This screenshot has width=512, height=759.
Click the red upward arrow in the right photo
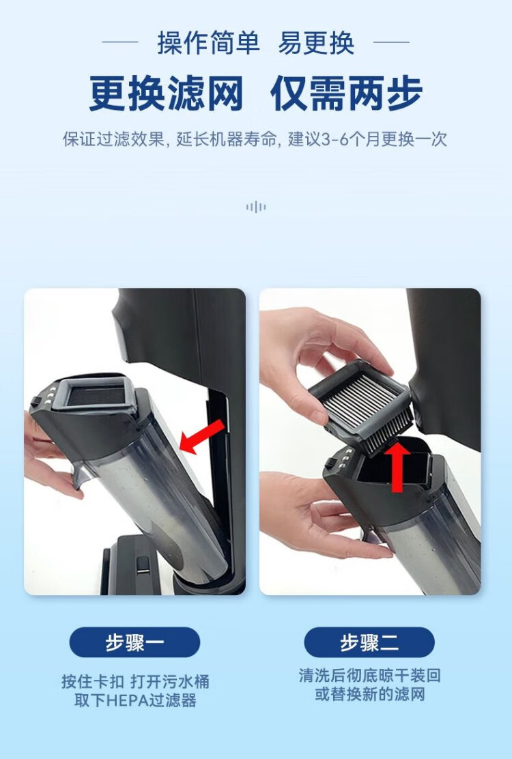click(397, 466)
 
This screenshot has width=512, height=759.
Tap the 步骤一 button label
click(134, 642)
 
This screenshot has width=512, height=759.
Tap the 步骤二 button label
click(369, 642)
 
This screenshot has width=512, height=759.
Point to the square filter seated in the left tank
click(96, 393)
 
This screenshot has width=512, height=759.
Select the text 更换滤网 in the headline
click(166, 94)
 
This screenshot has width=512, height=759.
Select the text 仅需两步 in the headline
click(347, 94)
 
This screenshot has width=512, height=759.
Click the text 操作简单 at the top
click(208, 42)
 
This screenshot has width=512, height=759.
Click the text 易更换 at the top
click(316, 42)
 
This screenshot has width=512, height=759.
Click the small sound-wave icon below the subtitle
click(255, 207)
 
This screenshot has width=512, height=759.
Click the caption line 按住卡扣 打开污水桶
click(135, 682)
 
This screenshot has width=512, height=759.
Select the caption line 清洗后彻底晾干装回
click(370, 675)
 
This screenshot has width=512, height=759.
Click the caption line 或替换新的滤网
click(370, 694)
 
